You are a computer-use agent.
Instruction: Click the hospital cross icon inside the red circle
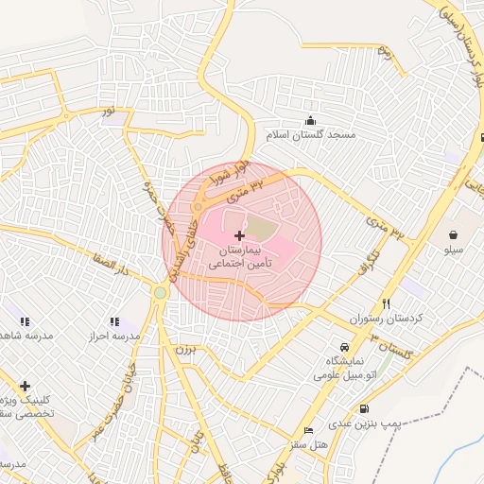(238, 234)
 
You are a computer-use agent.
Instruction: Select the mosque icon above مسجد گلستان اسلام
(311, 120)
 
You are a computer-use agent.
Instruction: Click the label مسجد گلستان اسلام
(311, 136)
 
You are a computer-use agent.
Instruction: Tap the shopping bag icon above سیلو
(454, 233)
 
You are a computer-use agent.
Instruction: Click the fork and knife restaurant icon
(386, 303)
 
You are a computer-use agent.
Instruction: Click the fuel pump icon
(364, 408)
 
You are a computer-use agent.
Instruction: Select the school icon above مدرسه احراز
(114, 321)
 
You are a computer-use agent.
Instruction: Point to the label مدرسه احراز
(114, 337)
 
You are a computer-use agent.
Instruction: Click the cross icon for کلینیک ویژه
(25, 385)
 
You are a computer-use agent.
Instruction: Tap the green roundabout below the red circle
(160, 292)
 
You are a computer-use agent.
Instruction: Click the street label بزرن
(183, 349)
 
